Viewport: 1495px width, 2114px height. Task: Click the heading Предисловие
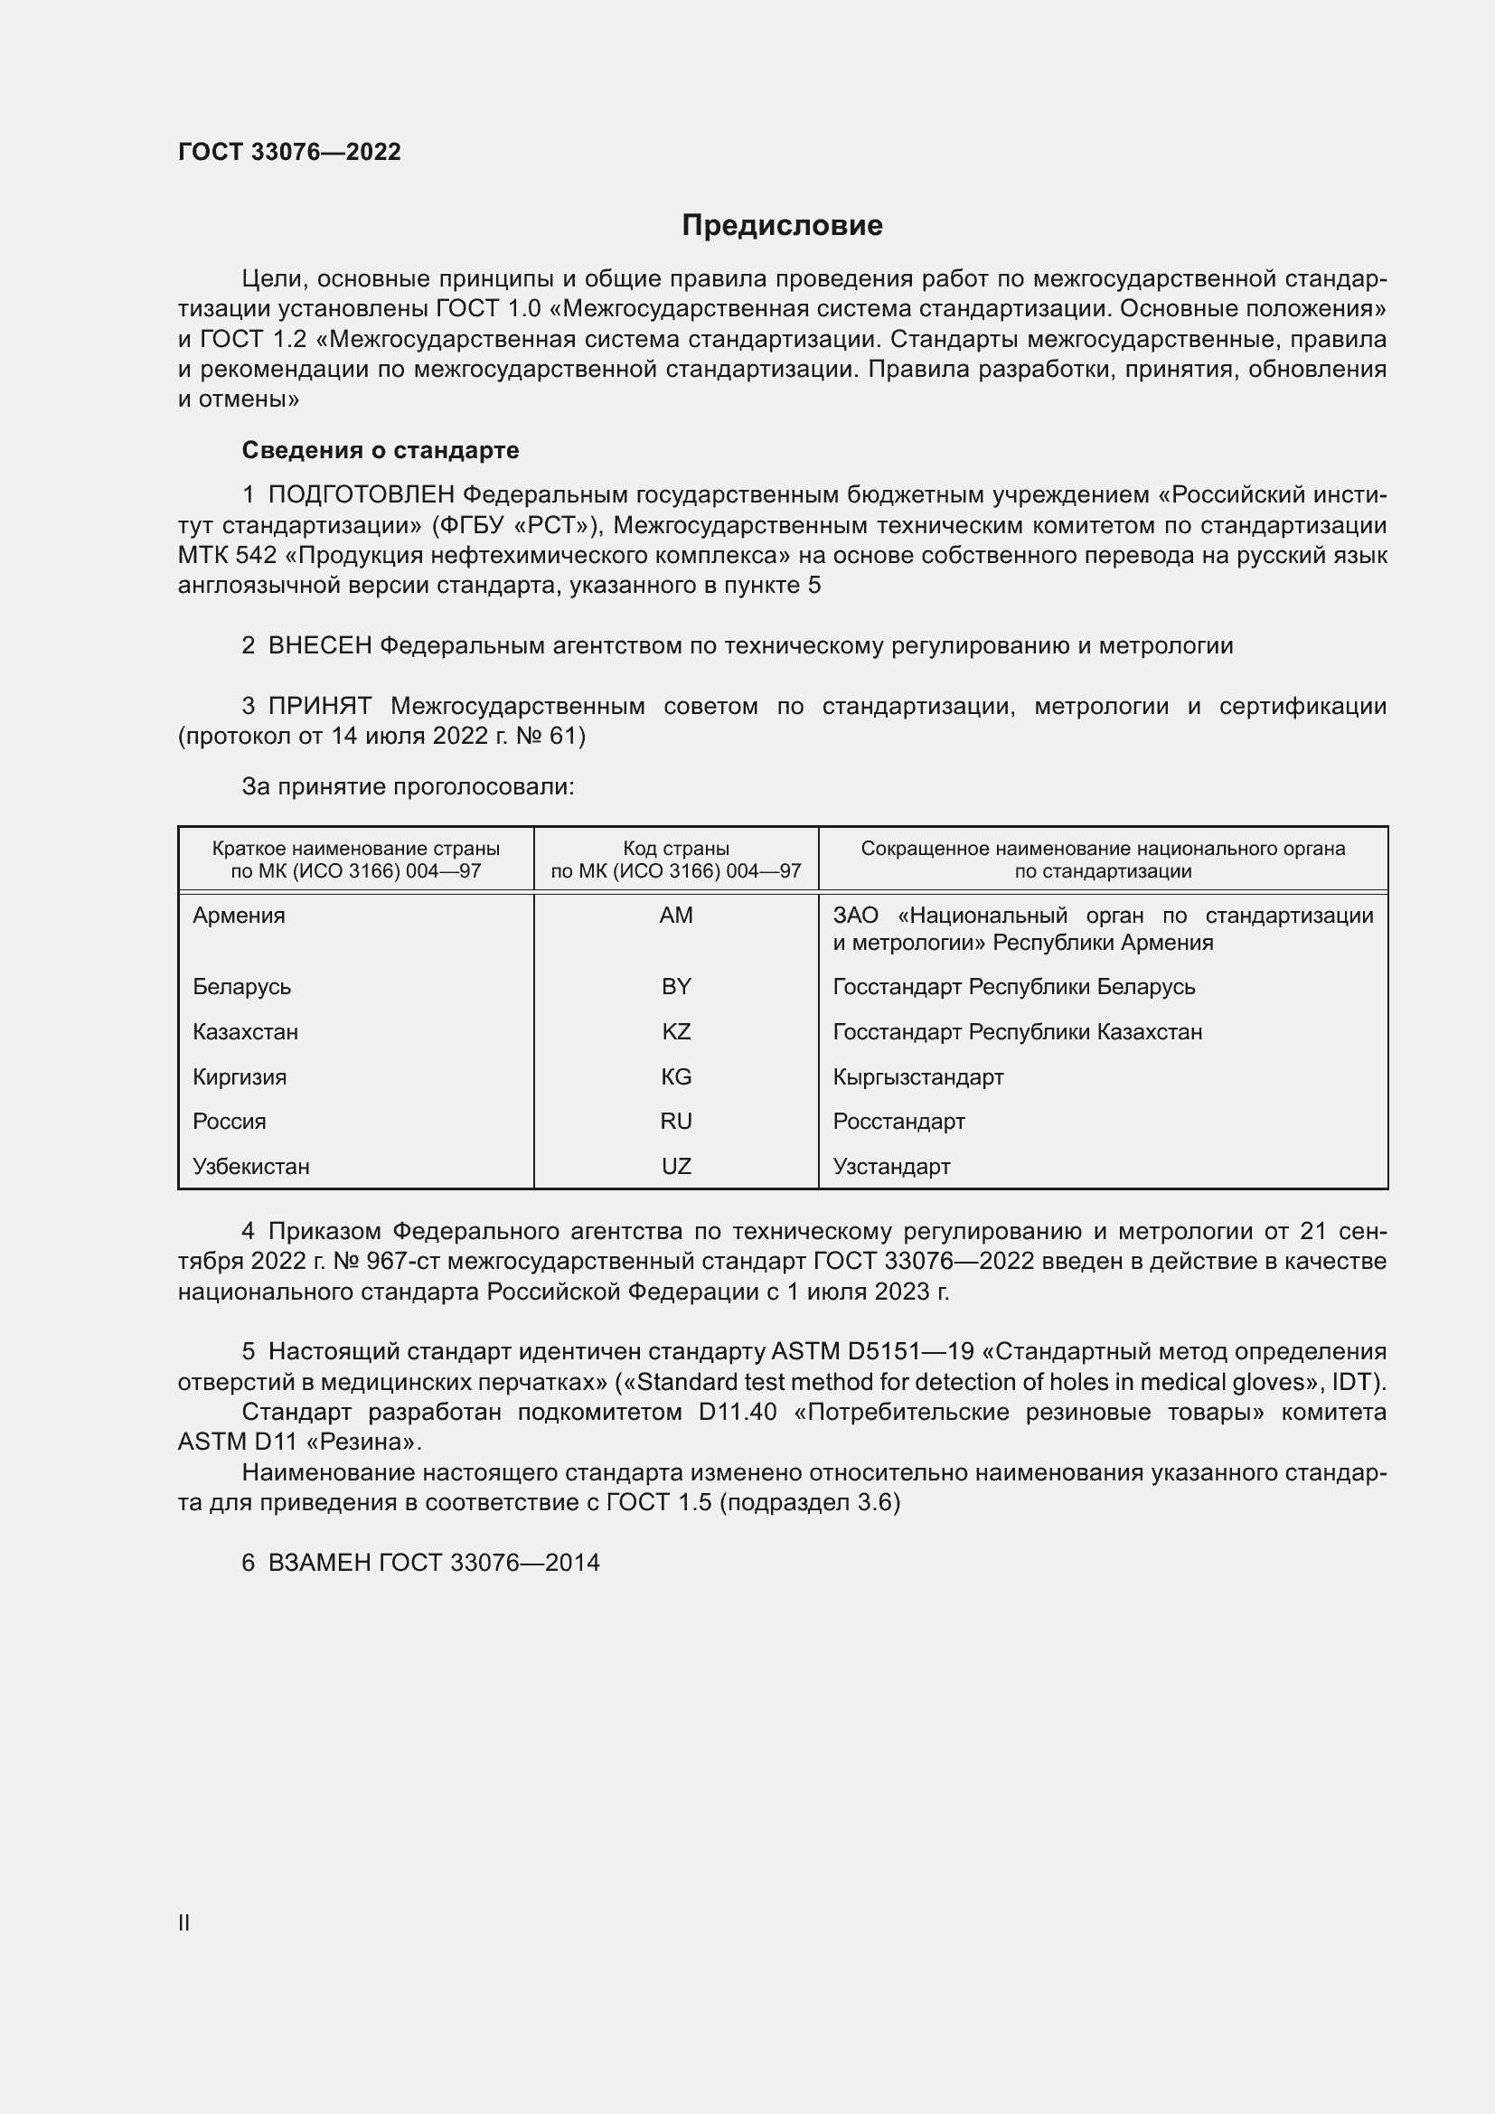(782, 226)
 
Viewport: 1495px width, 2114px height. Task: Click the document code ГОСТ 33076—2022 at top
(289, 152)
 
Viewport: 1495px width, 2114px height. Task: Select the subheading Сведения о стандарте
(381, 450)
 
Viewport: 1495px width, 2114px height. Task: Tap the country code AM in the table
(676, 916)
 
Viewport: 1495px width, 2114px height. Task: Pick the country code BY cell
(676, 986)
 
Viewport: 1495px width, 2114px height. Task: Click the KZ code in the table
(676, 1031)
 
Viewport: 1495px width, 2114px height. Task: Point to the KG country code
(676, 1076)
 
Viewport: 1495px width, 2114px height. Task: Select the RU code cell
(676, 1121)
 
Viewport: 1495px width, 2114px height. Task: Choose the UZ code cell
(676, 1166)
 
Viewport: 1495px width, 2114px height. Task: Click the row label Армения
(239, 916)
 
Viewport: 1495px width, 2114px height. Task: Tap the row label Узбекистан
(250, 1166)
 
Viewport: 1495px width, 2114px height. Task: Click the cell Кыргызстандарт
(917, 1076)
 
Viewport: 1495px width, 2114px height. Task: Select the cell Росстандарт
(898, 1121)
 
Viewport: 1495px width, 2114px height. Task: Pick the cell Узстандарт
(891, 1166)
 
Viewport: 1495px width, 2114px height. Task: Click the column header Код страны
(676, 849)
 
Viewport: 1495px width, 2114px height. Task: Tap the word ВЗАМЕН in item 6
(319, 1563)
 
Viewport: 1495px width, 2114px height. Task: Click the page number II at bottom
(184, 1922)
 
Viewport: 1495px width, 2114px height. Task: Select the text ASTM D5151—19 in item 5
(871, 1351)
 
